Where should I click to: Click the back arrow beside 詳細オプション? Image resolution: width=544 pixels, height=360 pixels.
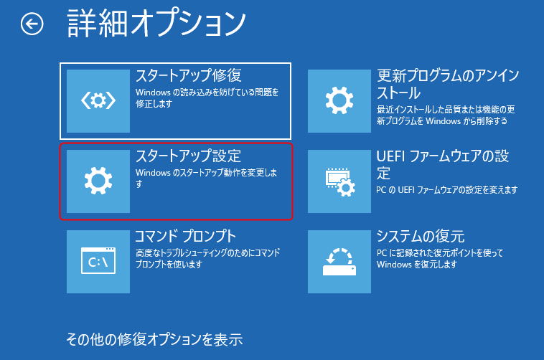pos(32,25)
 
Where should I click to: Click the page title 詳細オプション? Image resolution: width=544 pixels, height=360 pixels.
pos(156,24)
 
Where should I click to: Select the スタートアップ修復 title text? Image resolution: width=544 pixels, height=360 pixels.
pos(188,75)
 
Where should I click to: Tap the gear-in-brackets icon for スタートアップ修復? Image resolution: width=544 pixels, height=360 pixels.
pos(98,101)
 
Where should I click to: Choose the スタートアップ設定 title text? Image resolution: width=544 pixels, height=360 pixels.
pos(188,156)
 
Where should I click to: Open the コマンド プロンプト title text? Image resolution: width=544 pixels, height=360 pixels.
pos(186,237)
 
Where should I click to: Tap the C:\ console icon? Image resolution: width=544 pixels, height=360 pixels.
pos(98,262)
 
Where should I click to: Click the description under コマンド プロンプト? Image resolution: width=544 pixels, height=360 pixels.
pos(207,259)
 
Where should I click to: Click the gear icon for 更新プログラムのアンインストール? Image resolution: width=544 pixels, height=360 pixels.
pos(339,101)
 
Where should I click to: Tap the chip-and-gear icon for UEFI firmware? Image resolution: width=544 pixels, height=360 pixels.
pos(339,181)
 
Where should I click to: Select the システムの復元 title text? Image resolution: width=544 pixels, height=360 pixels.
pos(421,237)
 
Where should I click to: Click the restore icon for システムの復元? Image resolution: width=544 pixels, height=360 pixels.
pos(339,262)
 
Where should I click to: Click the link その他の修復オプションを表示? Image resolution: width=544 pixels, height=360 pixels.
pos(154,338)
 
